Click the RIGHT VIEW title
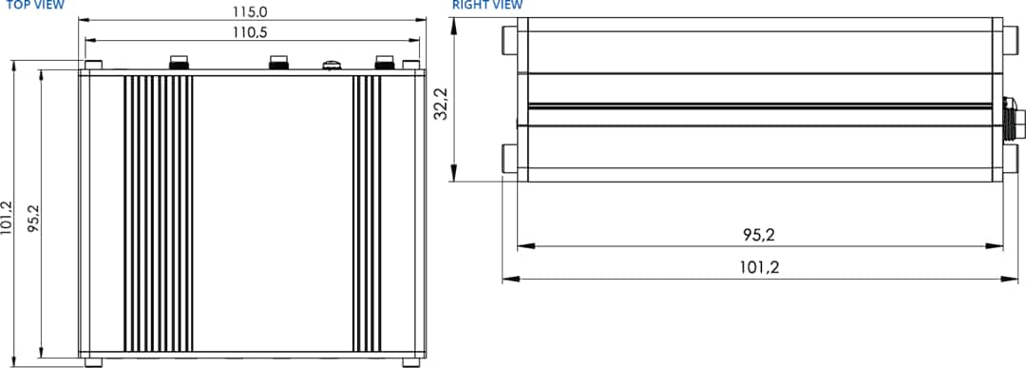click(x=487, y=5)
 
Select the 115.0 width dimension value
click(x=250, y=12)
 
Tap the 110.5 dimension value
click(x=250, y=33)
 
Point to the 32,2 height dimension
click(x=440, y=104)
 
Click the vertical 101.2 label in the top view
click(x=9, y=216)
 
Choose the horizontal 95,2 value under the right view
click(x=759, y=235)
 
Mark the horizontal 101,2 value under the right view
click(x=759, y=267)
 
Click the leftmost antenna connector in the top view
click(x=178, y=63)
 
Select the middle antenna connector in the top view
click(x=279, y=63)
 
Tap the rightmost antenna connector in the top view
click(x=384, y=63)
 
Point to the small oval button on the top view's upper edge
click(x=332, y=65)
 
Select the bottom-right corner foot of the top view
click(x=410, y=361)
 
